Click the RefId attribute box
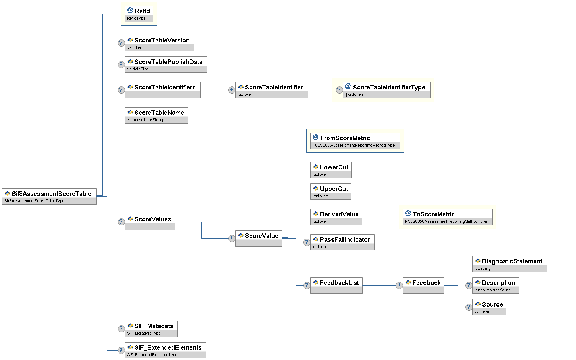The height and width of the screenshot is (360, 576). (x=139, y=14)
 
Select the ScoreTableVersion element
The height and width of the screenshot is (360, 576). (x=159, y=43)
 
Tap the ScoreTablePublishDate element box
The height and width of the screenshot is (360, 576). (x=165, y=64)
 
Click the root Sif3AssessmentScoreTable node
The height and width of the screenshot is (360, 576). (x=49, y=196)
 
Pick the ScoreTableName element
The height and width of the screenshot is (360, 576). (x=156, y=115)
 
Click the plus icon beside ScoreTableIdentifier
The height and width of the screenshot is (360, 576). (x=232, y=90)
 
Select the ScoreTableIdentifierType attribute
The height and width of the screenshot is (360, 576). (x=386, y=90)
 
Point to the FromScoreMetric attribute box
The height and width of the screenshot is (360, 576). (x=355, y=141)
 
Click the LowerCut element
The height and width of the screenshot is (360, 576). (x=331, y=170)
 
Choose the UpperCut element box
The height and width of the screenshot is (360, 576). (x=331, y=191)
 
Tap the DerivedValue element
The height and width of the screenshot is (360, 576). (x=336, y=217)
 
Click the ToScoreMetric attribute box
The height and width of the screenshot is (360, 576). (x=447, y=217)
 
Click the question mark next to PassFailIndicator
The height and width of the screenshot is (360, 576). (x=307, y=242)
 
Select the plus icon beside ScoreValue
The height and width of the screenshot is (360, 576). (x=232, y=238)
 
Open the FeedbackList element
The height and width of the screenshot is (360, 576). (x=336, y=285)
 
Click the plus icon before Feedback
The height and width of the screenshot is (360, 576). (x=399, y=285)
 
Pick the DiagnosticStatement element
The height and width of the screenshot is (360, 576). (x=509, y=264)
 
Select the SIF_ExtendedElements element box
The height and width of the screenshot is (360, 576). (x=165, y=350)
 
